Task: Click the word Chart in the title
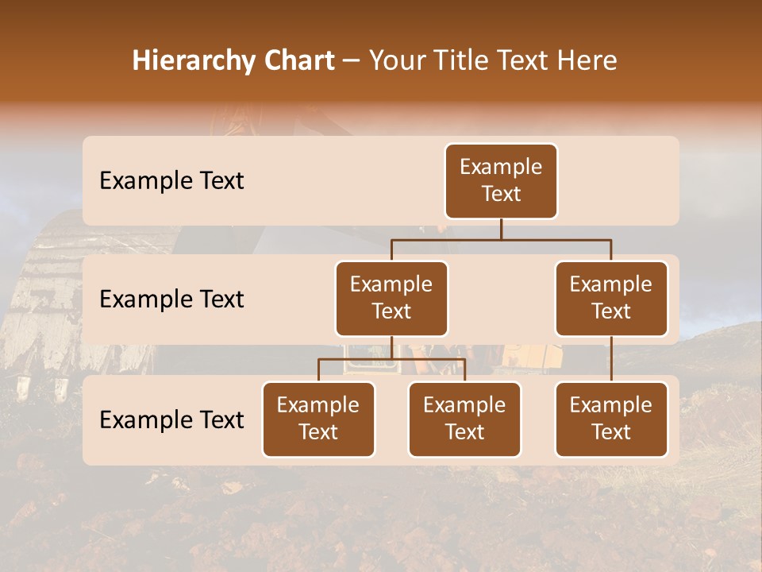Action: coord(298,61)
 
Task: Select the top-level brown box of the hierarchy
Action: coord(501,180)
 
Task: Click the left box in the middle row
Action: coord(391,298)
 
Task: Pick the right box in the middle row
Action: coord(611,298)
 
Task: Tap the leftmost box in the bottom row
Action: coord(318,419)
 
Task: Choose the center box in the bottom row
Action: coord(464,419)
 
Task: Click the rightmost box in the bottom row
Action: coord(611,419)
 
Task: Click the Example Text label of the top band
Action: coord(171,181)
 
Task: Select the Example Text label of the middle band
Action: coord(171,300)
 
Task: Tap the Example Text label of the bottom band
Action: coord(171,420)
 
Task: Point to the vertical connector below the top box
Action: coord(501,229)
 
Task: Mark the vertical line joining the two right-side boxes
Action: coord(611,358)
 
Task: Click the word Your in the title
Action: coord(396,61)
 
